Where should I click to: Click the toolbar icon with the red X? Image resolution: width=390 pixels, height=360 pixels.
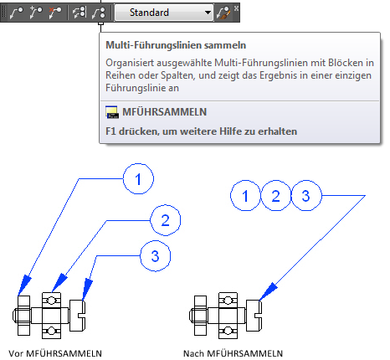(54, 13)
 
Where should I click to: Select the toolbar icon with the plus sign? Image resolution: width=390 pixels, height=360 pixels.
(36, 13)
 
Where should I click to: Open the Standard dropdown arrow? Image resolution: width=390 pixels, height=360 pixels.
(208, 13)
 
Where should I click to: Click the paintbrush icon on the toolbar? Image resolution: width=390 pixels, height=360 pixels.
(223, 13)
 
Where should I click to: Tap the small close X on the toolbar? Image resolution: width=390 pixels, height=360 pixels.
(236, 8)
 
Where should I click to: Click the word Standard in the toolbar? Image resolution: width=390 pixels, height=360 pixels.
(149, 13)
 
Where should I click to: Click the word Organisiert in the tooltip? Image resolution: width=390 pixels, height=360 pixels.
(130, 63)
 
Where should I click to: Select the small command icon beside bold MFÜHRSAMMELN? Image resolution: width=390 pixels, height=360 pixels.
(112, 112)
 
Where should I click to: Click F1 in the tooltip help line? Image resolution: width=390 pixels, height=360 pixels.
(110, 131)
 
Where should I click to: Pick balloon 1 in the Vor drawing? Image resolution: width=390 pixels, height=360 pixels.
(138, 179)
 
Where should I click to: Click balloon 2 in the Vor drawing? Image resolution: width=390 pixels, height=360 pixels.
(166, 220)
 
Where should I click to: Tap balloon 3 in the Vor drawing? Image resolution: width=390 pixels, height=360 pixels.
(155, 256)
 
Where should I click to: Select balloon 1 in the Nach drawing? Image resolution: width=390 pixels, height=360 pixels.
(245, 196)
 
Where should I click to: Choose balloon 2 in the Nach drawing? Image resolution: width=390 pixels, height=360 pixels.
(275, 196)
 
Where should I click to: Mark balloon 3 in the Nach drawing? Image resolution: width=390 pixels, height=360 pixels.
(306, 196)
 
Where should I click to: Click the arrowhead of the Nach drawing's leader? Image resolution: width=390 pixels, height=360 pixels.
(268, 291)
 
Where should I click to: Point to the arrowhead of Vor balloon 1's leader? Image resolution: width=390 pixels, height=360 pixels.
(24, 285)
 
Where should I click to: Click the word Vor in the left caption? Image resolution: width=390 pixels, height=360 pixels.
(16, 353)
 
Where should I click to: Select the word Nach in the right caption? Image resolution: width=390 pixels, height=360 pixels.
(193, 353)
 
